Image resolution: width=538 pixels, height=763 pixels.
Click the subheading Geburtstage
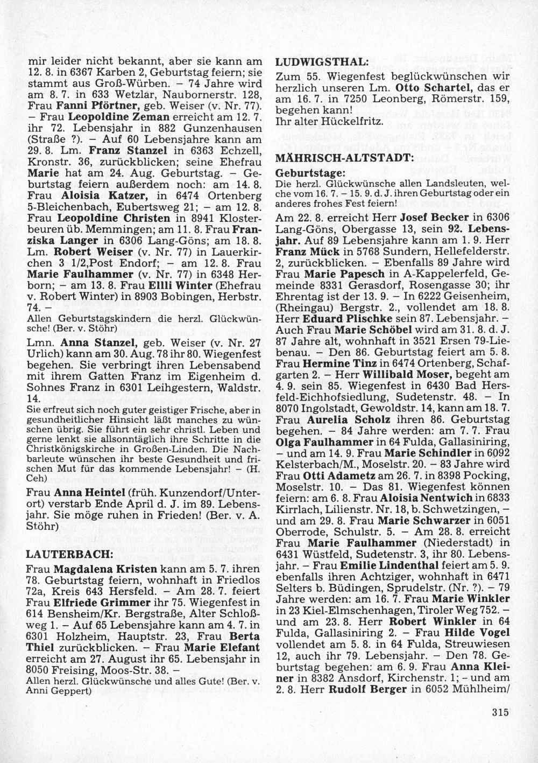click(310, 174)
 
